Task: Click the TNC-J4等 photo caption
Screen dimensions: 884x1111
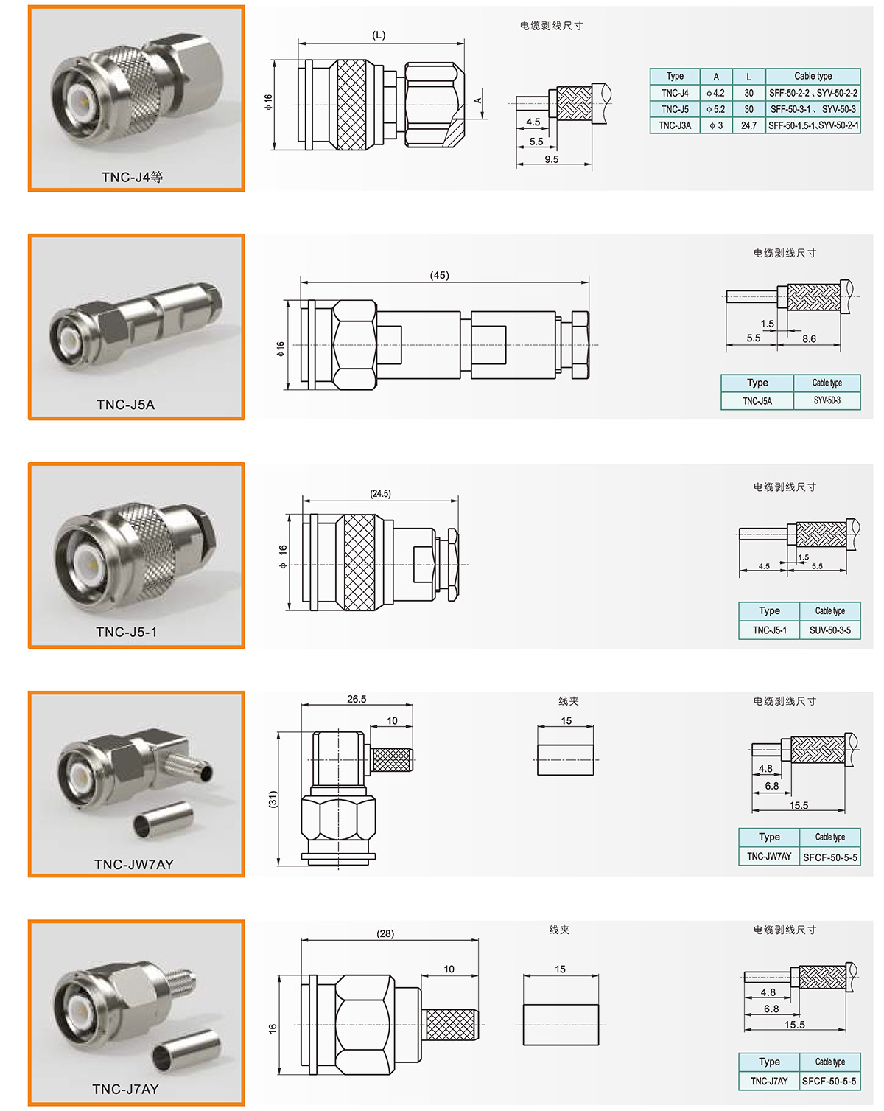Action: (x=132, y=177)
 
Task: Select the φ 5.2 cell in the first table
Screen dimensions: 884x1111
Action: (x=715, y=109)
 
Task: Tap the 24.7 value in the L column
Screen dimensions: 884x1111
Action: (x=748, y=125)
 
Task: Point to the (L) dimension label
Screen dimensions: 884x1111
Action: (x=378, y=35)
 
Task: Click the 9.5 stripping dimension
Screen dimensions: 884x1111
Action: (x=551, y=159)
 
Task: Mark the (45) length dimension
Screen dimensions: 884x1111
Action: (x=439, y=275)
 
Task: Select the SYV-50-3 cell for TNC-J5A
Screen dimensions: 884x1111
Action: (x=827, y=400)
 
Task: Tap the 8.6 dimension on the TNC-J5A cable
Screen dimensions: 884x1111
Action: (x=809, y=338)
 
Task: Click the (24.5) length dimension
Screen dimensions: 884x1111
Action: (x=380, y=493)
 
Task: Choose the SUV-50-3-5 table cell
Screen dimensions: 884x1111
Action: (x=829, y=630)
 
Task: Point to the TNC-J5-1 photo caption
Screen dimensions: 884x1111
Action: (x=127, y=632)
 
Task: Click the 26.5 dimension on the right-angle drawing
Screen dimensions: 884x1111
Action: (x=357, y=699)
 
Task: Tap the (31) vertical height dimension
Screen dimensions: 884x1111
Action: (x=273, y=799)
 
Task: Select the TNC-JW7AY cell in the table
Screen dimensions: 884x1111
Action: (x=769, y=857)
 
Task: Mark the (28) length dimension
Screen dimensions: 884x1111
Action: (x=385, y=933)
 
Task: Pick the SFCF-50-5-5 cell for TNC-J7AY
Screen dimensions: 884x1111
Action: (x=829, y=1081)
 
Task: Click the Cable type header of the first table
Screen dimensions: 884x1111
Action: (x=813, y=77)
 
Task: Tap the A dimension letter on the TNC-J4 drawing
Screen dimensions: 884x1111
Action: (x=478, y=100)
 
